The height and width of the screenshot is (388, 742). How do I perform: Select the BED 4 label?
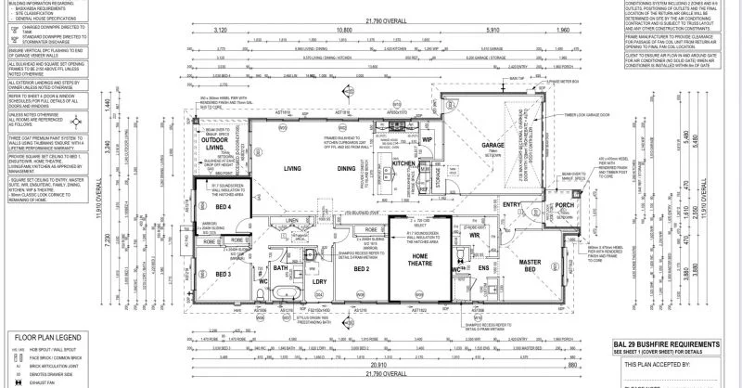point(223,207)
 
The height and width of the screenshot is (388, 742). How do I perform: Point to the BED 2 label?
point(363,268)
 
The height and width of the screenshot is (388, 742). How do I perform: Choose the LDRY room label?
point(319,281)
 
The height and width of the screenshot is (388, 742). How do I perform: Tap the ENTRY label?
point(537,205)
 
